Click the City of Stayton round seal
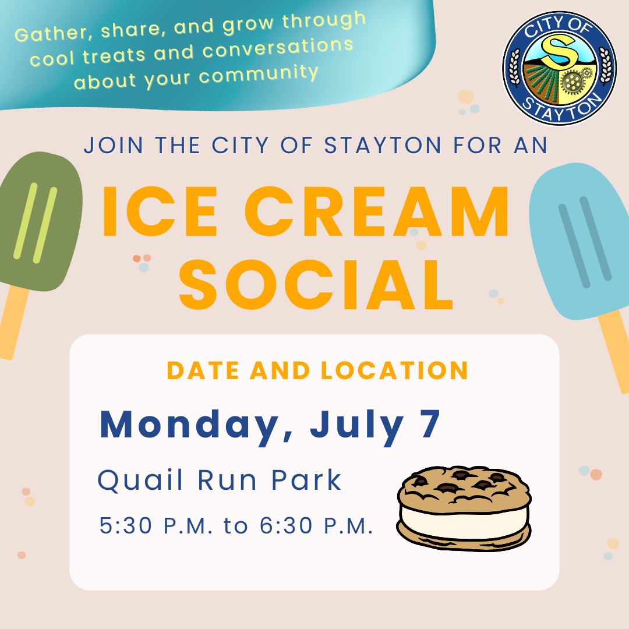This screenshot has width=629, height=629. tap(560, 68)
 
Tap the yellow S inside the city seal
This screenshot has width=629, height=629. tap(559, 51)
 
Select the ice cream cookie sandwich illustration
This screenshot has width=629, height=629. tap(464, 508)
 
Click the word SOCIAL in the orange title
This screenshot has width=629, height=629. tap(317, 285)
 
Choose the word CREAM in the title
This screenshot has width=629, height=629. tap(377, 211)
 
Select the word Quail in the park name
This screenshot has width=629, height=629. tap(140, 479)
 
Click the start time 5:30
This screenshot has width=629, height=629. tap(126, 525)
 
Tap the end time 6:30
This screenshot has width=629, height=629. tap(285, 525)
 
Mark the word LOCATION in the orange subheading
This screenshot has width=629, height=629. tap(394, 370)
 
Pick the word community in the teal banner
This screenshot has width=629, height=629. tap(259, 74)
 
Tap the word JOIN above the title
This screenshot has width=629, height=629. tap(114, 145)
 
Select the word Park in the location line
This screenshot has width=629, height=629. tap(306, 479)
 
